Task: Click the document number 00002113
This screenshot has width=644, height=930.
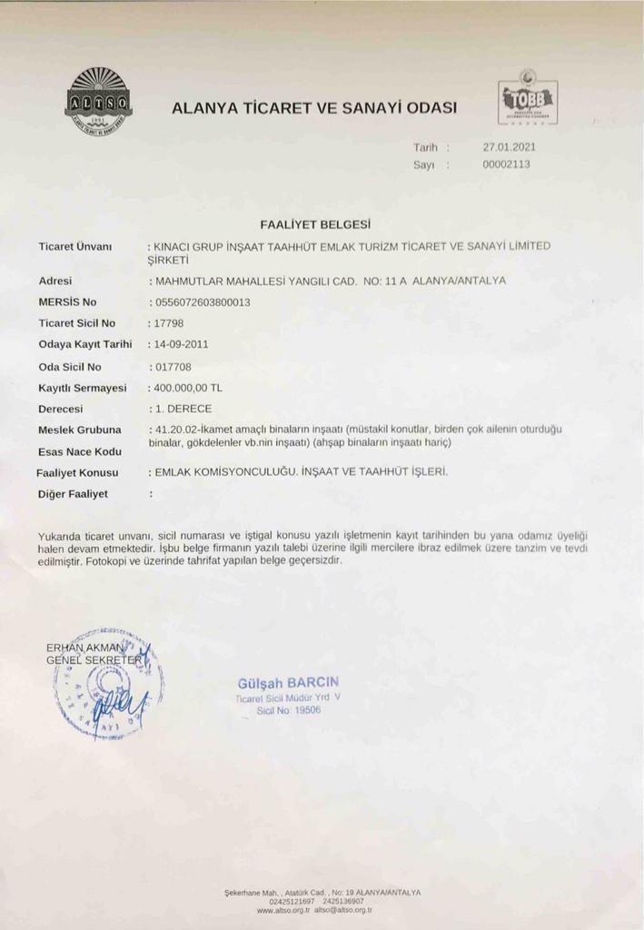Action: click(x=506, y=164)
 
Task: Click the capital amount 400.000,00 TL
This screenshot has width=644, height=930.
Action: click(x=187, y=388)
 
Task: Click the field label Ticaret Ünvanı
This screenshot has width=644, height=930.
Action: click(x=74, y=246)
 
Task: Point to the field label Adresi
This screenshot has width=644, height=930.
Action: click(x=55, y=281)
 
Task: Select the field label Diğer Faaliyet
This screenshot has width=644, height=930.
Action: click(x=73, y=494)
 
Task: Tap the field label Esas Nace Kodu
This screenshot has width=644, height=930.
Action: click(x=79, y=451)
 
